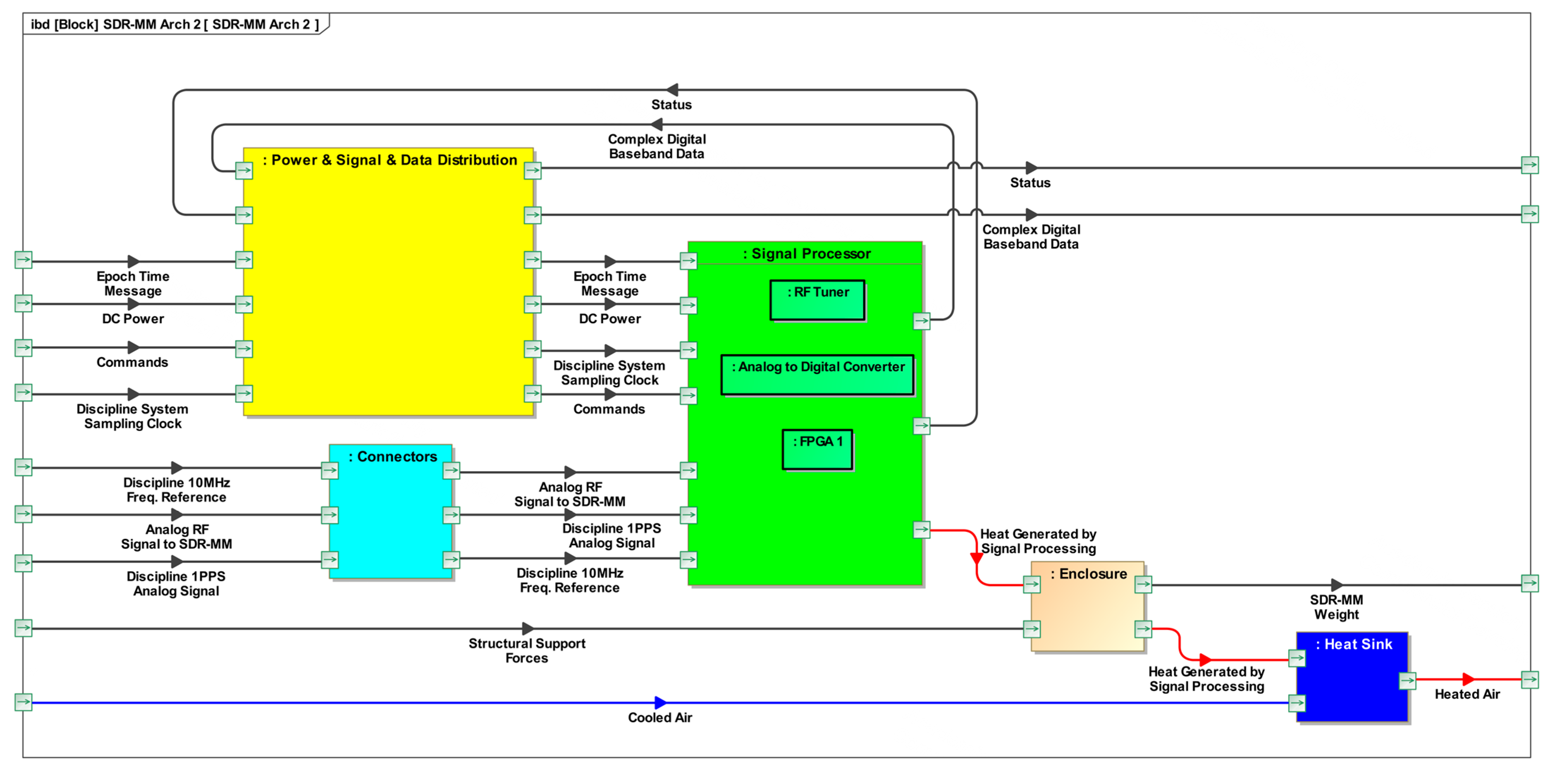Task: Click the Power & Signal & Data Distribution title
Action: tap(390, 160)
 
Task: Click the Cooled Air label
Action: tap(660, 718)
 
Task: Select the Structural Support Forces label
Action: tap(527, 651)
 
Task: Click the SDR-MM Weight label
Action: tap(1336, 607)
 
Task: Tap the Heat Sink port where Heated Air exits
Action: tap(1408, 681)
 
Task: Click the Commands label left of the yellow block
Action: tap(132, 362)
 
